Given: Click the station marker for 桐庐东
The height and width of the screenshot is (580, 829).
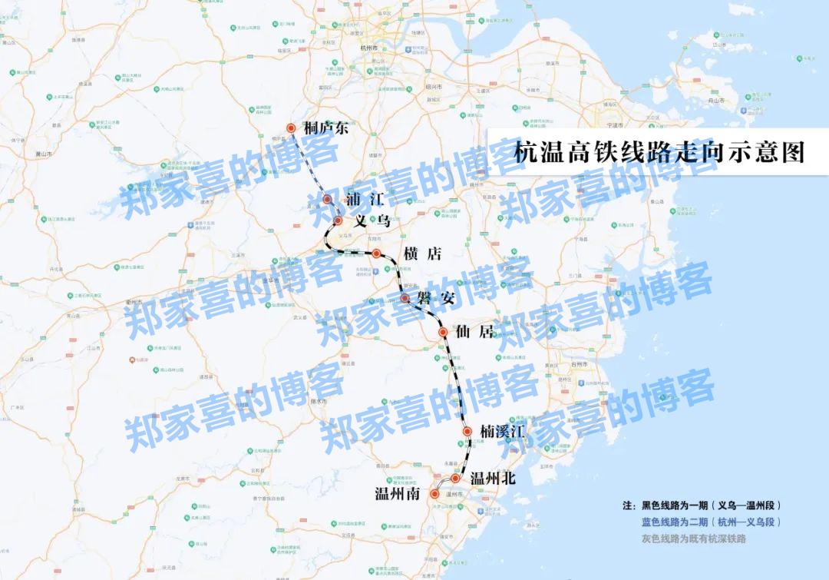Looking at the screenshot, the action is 291,128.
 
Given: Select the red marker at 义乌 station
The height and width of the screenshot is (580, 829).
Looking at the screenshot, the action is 338,221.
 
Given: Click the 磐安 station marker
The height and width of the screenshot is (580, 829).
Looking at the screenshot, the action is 405,297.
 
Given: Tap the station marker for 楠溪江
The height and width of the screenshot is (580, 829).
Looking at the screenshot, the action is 466,433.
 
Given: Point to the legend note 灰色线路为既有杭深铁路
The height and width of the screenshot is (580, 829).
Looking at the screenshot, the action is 694,539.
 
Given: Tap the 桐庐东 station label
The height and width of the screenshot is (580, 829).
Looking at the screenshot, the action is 325,128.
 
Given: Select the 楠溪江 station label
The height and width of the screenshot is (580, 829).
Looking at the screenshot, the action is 502,432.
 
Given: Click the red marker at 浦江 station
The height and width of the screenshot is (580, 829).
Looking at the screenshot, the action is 328,199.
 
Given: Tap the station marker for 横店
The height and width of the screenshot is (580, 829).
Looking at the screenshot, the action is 377,254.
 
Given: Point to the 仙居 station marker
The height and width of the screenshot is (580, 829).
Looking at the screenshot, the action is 443,333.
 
